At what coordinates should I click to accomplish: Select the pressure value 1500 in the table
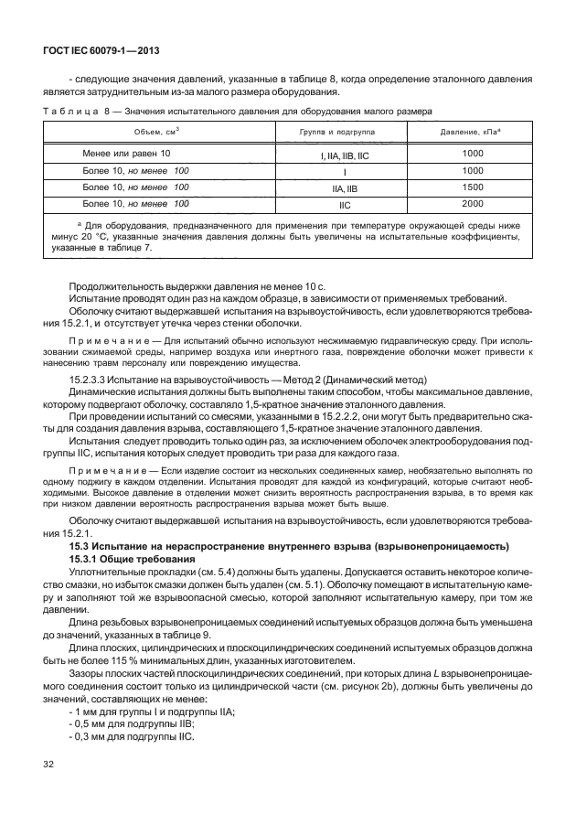coord(472,187)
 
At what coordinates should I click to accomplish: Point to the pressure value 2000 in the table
coord(472,203)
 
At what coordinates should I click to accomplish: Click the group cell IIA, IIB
coord(344,187)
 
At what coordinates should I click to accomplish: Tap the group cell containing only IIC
coord(344,204)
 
